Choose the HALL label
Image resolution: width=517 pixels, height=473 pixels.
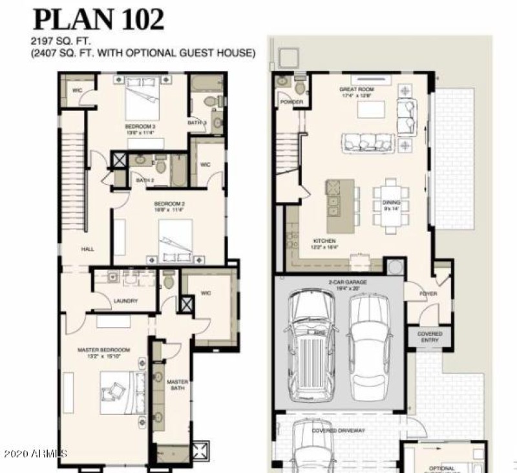tap(88, 249)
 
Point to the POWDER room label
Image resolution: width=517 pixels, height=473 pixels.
tap(288, 101)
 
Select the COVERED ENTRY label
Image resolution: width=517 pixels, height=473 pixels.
tap(430, 337)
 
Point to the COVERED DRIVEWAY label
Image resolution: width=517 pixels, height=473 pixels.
tap(339, 430)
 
